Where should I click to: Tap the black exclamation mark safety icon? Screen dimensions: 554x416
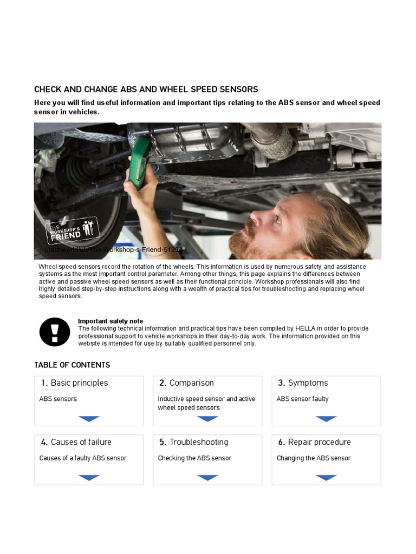click(55, 332)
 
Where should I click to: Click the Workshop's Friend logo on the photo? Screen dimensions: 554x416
click(73, 230)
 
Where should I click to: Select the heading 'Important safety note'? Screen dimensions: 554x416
click(110, 321)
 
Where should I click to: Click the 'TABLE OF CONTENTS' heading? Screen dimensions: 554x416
click(72, 365)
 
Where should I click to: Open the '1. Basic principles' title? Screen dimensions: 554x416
click(74, 383)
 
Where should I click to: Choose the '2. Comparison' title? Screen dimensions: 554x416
click(186, 383)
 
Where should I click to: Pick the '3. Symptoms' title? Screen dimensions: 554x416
click(303, 383)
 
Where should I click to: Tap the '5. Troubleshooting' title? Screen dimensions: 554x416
click(193, 442)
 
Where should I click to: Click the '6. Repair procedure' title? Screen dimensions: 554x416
click(314, 442)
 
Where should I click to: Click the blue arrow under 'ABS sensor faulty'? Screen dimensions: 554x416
click(326, 419)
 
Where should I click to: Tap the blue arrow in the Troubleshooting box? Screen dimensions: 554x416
click(207, 478)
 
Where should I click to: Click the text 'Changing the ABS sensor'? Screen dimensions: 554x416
click(314, 458)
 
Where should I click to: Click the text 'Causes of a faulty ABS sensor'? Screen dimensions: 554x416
click(83, 458)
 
